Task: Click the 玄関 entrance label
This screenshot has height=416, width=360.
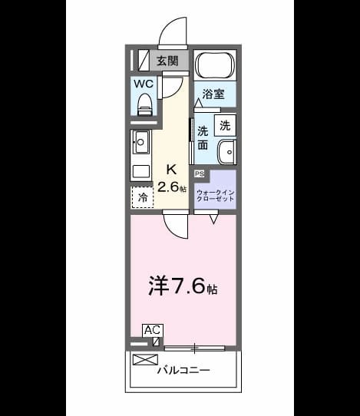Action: click(x=167, y=61)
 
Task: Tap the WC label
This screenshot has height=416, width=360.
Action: click(x=144, y=84)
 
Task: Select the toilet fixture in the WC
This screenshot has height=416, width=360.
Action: click(x=144, y=104)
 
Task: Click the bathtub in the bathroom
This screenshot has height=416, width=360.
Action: click(x=215, y=65)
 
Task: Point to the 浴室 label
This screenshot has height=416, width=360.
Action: click(x=213, y=94)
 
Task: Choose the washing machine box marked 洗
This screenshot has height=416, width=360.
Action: click(x=225, y=125)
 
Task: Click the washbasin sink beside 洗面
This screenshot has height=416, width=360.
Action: click(x=227, y=152)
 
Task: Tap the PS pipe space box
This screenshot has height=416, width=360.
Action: click(x=200, y=173)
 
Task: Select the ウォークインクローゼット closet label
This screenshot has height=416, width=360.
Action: click(x=215, y=196)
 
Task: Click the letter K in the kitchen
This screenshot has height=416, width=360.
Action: click(x=171, y=170)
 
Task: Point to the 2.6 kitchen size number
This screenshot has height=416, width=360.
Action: click(x=168, y=187)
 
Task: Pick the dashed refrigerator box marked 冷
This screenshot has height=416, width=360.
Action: click(x=143, y=196)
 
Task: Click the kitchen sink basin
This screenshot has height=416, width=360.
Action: click(x=140, y=143)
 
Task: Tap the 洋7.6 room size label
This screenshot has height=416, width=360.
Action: click(x=183, y=286)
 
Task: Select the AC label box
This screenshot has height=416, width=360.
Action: click(x=153, y=330)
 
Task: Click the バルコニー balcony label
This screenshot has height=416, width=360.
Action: click(x=183, y=370)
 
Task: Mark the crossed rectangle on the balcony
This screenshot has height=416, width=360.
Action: click(x=145, y=360)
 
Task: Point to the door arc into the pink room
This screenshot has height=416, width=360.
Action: click(x=173, y=230)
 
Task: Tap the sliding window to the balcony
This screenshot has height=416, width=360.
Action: click(x=195, y=348)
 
